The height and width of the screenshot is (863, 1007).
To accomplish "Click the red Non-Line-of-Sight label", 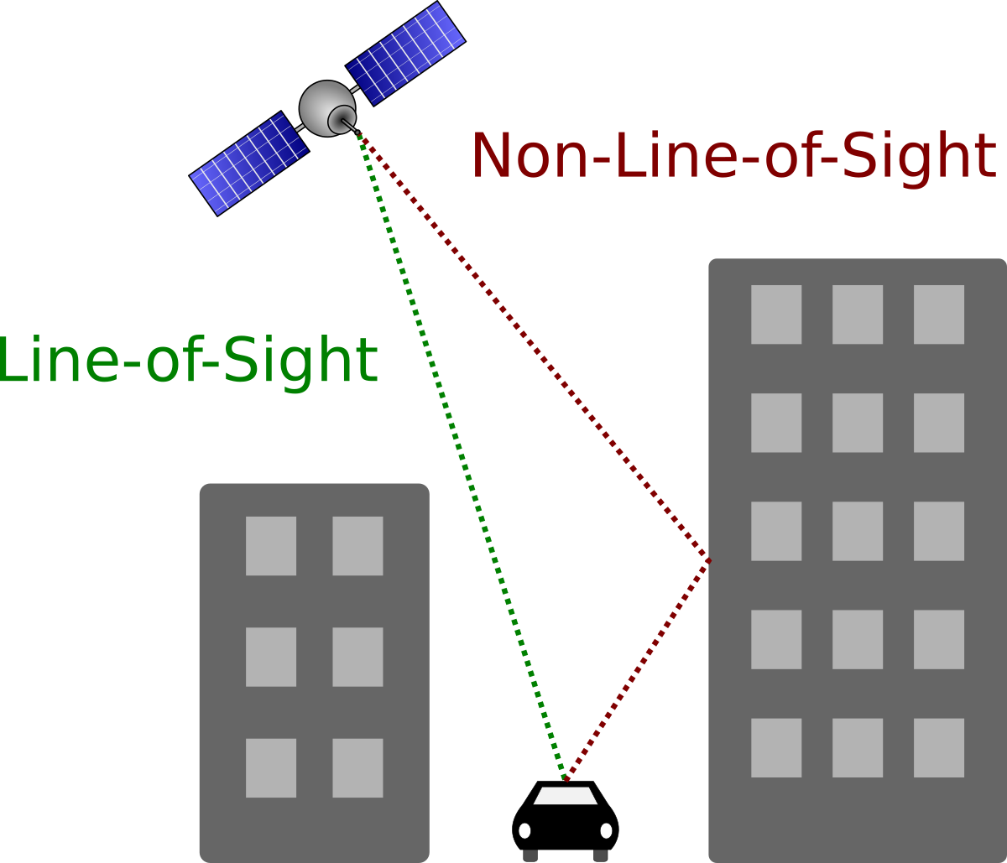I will [733, 157].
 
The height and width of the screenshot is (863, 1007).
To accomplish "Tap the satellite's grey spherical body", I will [319, 104].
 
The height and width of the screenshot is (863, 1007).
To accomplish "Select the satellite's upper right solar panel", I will [406, 53].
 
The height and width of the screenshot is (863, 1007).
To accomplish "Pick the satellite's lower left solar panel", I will [249, 164].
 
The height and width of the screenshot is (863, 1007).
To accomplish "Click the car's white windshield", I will [566, 796].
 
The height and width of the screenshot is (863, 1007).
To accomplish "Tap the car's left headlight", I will [524, 830].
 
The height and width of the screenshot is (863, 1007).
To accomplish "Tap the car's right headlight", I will [606, 830].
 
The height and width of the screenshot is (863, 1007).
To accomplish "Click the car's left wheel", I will [530, 855].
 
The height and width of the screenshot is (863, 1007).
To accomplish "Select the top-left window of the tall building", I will [776, 315].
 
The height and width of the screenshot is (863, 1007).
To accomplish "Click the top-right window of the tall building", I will [939, 315].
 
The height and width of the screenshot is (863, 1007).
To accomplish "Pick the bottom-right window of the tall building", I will [939, 747].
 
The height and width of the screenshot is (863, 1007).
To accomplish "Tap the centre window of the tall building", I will [858, 531].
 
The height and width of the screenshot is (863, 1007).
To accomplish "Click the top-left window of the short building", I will [271, 546].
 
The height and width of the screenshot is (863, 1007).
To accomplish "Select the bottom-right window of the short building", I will [357, 767].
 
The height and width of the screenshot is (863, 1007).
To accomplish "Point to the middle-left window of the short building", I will [271, 657].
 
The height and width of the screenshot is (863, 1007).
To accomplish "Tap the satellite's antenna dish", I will [342, 119].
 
